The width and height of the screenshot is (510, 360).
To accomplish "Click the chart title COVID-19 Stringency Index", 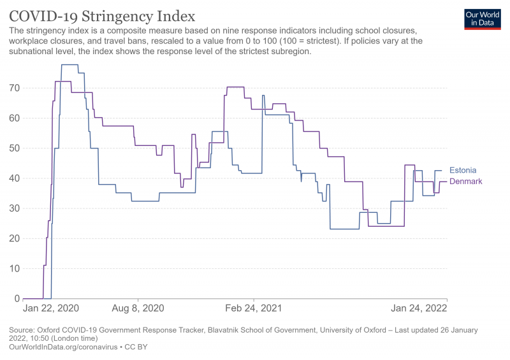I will [102, 15].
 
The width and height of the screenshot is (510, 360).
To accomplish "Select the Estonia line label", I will [463, 170].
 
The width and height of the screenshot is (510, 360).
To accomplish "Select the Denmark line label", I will [465, 182].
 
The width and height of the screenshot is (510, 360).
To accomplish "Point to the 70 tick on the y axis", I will [15, 88].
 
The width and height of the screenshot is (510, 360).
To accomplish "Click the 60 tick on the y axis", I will [15, 118].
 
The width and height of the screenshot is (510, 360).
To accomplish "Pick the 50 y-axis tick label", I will [15, 148].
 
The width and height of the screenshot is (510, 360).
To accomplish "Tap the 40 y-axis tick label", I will [15, 178].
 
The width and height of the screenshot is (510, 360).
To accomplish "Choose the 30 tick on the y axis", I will [15, 208].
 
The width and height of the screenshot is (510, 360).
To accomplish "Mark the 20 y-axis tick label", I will [15, 238].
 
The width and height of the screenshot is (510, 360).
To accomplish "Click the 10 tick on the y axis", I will [15, 268].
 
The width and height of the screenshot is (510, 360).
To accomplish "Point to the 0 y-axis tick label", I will [17, 298].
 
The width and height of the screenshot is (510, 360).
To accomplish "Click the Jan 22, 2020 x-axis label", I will [51, 308].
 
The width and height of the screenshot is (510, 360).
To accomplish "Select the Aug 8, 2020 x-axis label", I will [138, 308].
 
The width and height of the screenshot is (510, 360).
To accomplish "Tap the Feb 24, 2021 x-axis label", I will [254, 308].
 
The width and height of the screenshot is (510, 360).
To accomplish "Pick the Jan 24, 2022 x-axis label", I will [419, 308].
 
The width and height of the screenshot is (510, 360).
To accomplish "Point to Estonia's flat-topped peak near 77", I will [69, 65].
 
